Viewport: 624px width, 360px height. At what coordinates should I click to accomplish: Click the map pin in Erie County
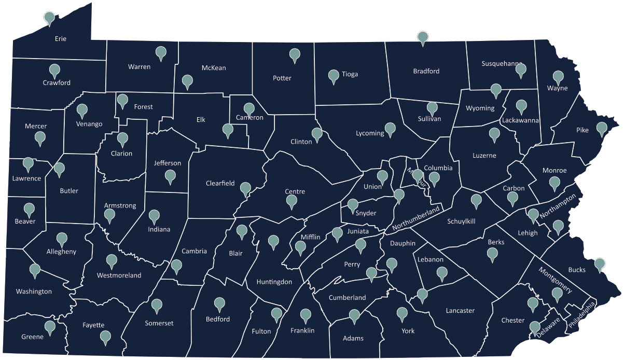tap(49, 18)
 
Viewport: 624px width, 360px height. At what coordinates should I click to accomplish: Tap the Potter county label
tap(282, 78)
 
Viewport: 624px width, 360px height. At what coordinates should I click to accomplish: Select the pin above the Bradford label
tap(423, 38)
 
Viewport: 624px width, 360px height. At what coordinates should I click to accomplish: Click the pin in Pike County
tap(602, 128)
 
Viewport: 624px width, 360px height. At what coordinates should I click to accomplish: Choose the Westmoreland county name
tap(119, 275)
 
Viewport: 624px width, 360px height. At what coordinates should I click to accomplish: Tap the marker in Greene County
tap(50, 327)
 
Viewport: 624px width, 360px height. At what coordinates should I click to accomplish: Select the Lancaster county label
tap(460, 311)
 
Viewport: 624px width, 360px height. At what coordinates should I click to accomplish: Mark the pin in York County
tap(402, 313)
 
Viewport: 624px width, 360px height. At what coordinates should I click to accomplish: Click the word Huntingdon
tap(274, 282)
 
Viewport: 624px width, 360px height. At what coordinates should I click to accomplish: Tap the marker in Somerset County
tap(155, 304)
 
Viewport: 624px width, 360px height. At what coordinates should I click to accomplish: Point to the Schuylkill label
tap(462, 221)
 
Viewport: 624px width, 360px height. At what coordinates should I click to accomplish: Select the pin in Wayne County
tap(558, 77)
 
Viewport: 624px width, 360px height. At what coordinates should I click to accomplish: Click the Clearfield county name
tap(220, 183)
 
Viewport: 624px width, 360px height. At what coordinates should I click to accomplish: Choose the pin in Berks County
tap(492, 254)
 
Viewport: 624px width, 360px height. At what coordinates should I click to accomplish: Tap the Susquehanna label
tap(502, 64)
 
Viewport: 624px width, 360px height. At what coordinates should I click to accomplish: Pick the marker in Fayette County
tap(106, 336)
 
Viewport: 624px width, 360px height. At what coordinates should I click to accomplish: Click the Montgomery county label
tap(555, 280)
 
